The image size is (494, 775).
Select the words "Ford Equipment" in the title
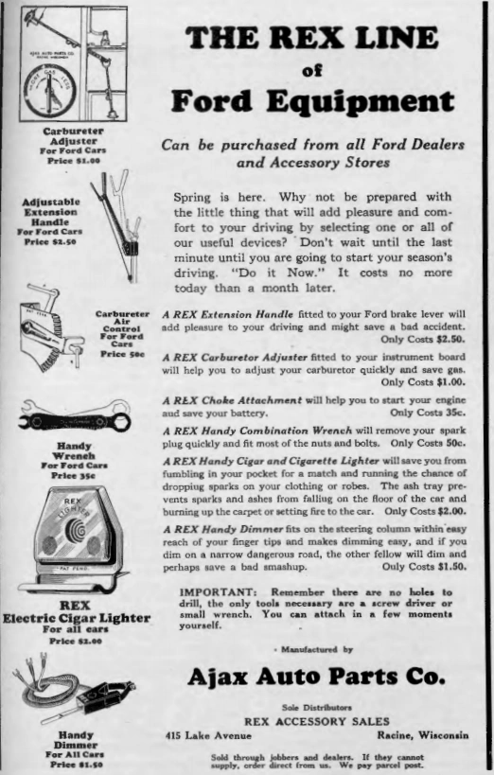(x=312, y=100)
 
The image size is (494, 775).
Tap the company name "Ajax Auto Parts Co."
(x=315, y=677)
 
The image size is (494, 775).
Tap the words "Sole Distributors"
(x=316, y=706)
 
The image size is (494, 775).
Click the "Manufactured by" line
(x=315, y=649)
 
